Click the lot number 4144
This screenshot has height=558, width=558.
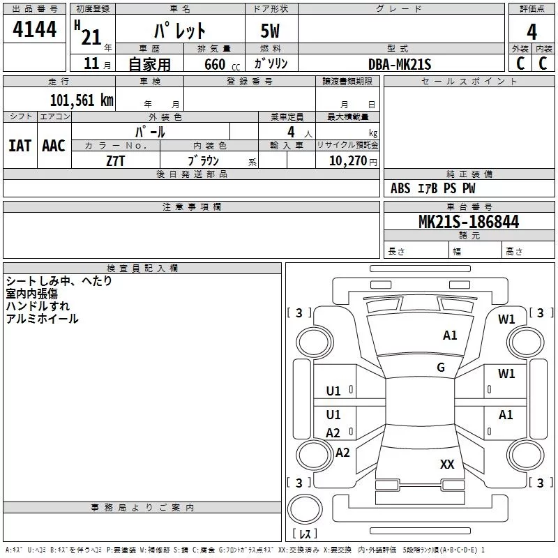(x=34, y=29)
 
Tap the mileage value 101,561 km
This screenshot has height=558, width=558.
(x=82, y=100)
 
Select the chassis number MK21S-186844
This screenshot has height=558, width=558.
(x=469, y=221)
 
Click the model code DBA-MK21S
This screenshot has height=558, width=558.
(x=400, y=64)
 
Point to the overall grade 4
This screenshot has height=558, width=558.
(x=531, y=32)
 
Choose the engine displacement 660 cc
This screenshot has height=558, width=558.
(x=222, y=64)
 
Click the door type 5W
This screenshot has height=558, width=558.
(x=270, y=31)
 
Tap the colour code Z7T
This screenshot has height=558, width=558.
(x=115, y=161)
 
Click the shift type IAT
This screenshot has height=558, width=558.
(x=20, y=146)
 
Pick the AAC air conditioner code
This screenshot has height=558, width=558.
(x=54, y=146)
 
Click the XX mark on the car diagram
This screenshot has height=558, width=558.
(x=447, y=464)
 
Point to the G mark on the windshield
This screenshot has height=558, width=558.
(x=441, y=367)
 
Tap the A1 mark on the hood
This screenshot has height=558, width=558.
(x=450, y=335)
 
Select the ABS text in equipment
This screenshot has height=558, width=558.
(x=400, y=188)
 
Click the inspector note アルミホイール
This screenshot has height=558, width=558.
(x=42, y=319)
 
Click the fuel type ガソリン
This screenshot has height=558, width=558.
(x=271, y=63)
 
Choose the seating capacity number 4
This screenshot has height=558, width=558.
(x=291, y=132)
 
